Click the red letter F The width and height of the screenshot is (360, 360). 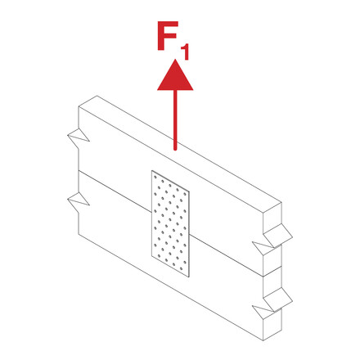[x=167, y=35]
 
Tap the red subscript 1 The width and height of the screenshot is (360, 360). [x=185, y=52]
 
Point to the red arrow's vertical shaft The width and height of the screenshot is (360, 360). [x=175, y=120]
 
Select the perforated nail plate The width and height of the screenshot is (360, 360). [x=170, y=223]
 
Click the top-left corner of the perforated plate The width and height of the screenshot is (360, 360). [x=151, y=171]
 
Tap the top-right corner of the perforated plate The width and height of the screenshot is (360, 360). [x=189, y=191]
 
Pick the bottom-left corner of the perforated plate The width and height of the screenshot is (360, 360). [x=151, y=256]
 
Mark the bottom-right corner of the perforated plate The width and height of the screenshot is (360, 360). [x=189, y=277]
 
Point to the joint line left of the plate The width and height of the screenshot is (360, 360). [x=115, y=191]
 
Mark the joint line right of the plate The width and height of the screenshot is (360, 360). [x=226, y=255]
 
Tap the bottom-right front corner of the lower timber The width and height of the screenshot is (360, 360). [x=263, y=340]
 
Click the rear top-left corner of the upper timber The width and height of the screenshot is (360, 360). [x=97, y=96]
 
